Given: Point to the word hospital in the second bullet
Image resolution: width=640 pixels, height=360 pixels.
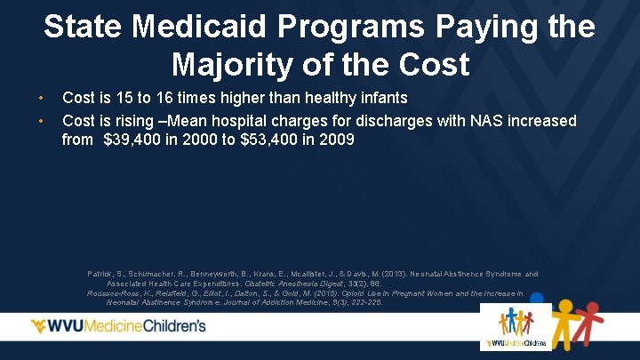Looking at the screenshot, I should click(228, 120).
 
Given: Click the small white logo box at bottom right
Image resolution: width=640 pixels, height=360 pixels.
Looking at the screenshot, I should click(516, 327).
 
